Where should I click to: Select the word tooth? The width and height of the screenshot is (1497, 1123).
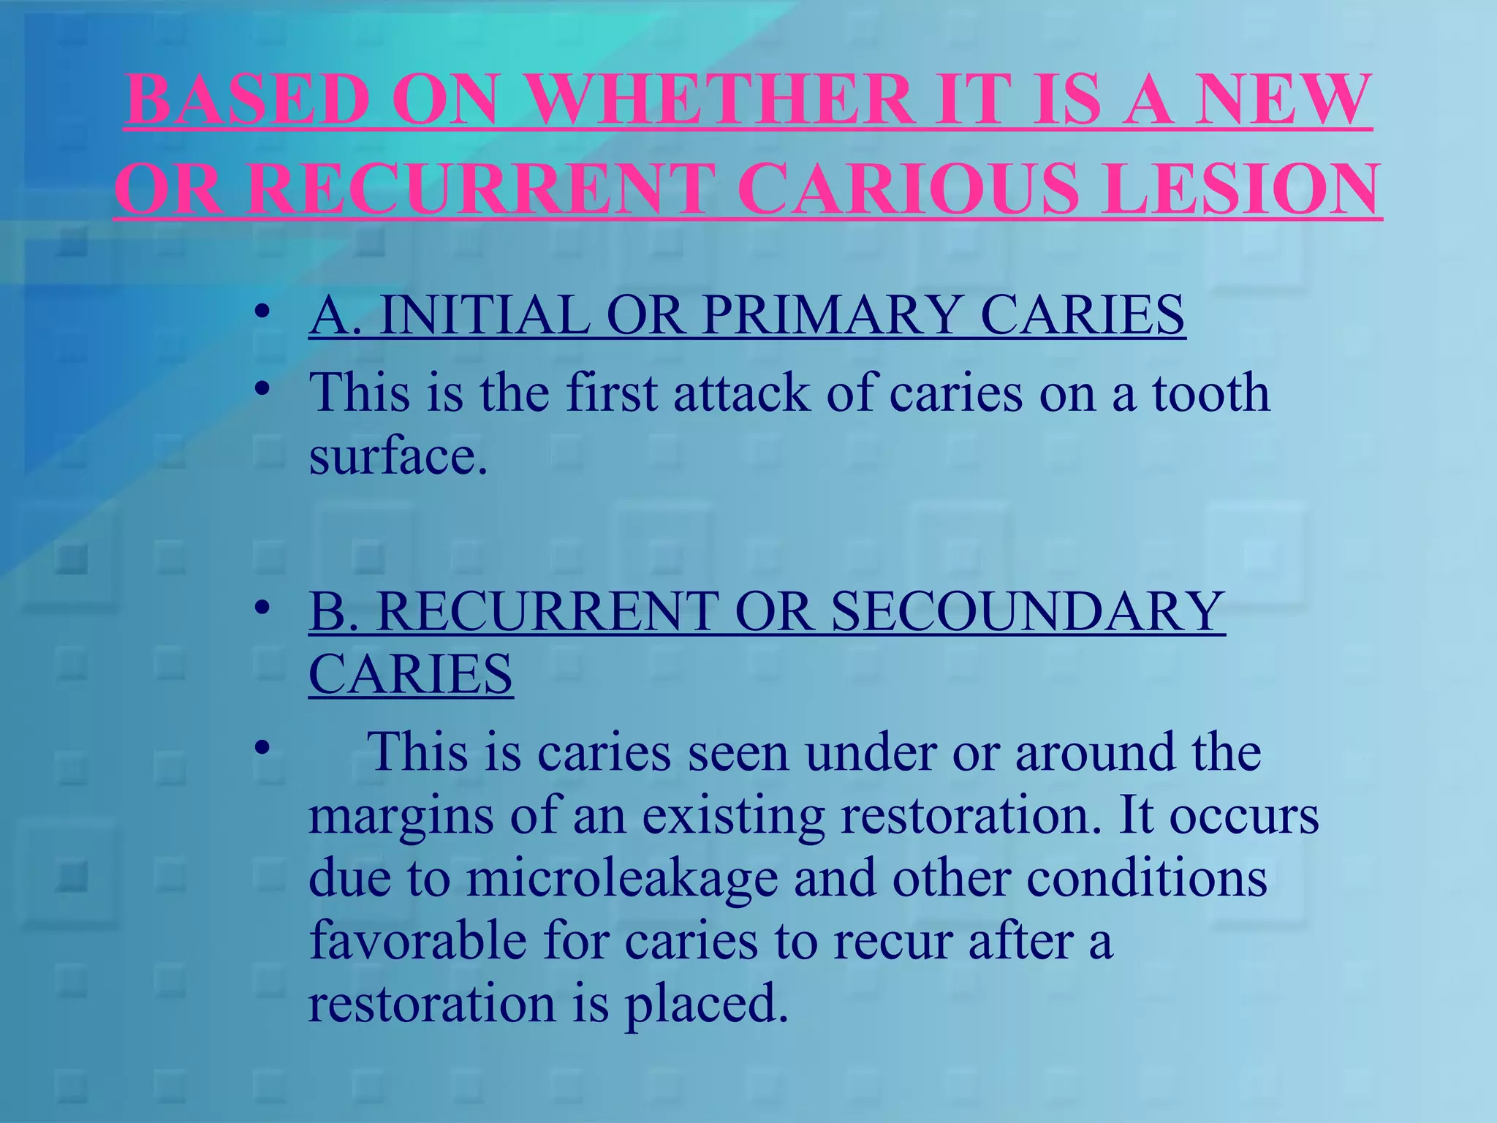click(x=1210, y=393)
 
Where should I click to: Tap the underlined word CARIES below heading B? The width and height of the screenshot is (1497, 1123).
click(x=411, y=674)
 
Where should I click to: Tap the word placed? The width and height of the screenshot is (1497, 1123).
click(x=706, y=1004)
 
